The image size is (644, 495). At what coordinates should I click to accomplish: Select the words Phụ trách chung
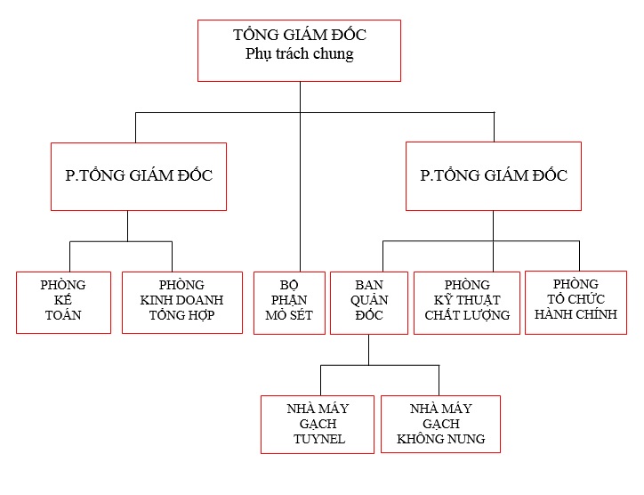point(299,54)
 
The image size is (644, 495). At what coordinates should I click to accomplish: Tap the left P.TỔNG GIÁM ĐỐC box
point(139,176)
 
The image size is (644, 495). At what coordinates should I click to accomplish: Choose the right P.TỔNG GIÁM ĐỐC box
point(494,176)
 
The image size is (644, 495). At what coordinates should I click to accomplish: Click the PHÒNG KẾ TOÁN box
point(63,302)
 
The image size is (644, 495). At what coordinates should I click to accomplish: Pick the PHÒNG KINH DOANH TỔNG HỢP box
point(182,302)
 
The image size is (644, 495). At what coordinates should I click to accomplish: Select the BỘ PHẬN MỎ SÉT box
point(289,302)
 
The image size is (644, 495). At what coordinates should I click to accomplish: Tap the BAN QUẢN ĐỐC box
point(369,302)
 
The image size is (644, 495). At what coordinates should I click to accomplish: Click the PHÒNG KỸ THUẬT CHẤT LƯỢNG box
point(467,302)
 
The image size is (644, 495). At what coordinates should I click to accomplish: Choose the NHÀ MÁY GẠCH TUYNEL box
point(318,424)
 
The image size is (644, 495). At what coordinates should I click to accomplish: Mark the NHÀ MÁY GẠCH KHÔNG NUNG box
point(441,424)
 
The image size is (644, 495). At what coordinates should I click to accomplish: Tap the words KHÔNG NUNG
point(441,439)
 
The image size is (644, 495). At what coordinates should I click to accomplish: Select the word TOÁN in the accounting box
point(63,315)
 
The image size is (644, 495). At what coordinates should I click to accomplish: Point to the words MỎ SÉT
point(289,315)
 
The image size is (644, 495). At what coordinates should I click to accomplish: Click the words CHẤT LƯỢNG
point(467,315)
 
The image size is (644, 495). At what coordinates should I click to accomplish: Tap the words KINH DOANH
point(182,300)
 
